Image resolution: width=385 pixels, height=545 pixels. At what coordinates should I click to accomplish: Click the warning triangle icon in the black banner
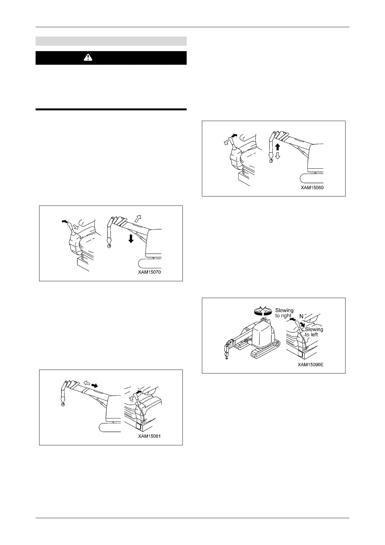(x=88, y=58)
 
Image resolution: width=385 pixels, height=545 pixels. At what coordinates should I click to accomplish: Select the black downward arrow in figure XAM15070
(x=131, y=239)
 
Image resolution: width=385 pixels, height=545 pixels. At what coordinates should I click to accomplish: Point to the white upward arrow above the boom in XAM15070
(x=138, y=217)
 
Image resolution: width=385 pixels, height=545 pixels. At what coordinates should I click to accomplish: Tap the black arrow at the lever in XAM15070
(x=65, y=221)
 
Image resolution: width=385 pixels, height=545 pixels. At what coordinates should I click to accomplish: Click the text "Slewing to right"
(x=284, y=313)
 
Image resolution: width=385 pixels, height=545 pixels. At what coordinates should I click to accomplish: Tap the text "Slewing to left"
(x=313, y=332)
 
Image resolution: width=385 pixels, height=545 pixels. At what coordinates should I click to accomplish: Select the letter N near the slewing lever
(x=301, y=316)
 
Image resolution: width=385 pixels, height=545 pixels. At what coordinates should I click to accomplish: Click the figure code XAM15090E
(x=311, y=364)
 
